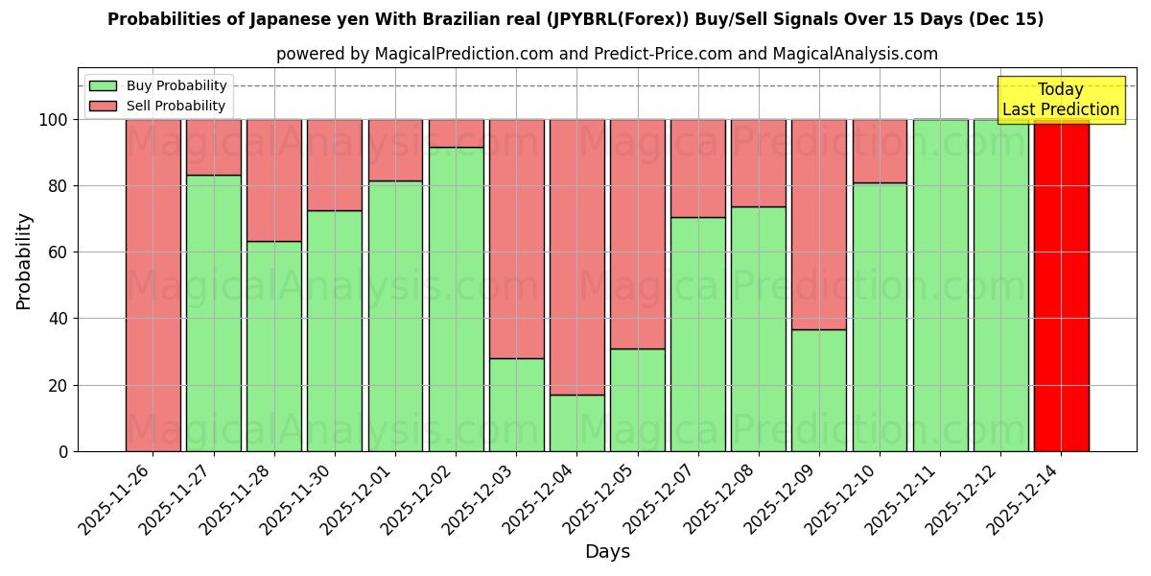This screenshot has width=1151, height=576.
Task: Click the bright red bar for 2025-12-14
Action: (1061, 285)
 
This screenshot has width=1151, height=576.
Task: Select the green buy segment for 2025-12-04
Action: (576, 422)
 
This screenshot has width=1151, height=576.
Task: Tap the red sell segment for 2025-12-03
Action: (516, 239)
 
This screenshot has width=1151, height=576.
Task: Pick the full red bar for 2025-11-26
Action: (153, 285)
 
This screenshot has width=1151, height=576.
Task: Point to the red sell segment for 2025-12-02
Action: (456, 133)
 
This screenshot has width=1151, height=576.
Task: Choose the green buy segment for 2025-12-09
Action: (819, 390)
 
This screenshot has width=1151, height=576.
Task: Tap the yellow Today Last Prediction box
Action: (1060, 100)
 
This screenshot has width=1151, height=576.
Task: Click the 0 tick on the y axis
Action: (63, 451)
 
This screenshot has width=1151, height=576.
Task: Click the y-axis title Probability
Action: (24, 261)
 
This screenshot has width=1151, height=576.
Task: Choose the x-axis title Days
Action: (607, 552)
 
